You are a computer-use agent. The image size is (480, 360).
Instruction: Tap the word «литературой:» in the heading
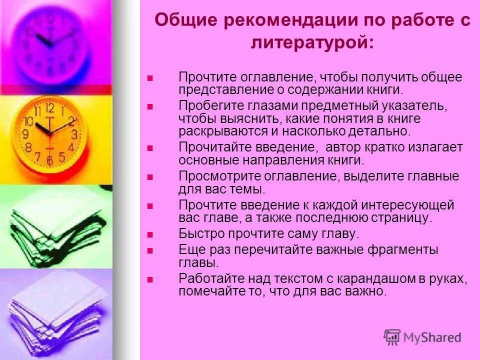point(311,43)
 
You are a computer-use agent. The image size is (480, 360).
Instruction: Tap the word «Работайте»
point(208,279)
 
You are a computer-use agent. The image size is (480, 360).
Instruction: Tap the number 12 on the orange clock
point(49,108)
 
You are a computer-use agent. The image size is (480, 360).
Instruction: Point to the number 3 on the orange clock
point(74,134)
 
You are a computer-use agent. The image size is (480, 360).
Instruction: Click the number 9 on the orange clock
point(24,134)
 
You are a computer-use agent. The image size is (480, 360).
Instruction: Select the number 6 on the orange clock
point(49,161)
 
